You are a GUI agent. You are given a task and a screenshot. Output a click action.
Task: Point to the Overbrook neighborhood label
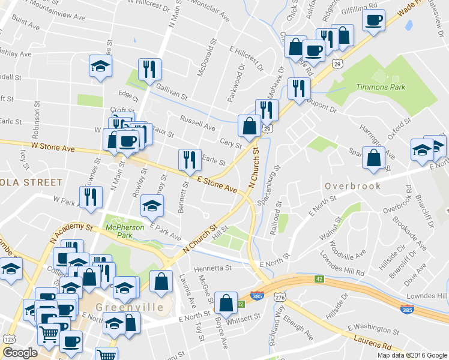(x=353, y=186)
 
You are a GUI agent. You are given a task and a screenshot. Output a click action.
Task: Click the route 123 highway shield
(x=10, y=340)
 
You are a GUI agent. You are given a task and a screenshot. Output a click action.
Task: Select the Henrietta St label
(x=212, y=268)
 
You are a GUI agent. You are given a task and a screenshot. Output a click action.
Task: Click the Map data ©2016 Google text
(x=411, y=355)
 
